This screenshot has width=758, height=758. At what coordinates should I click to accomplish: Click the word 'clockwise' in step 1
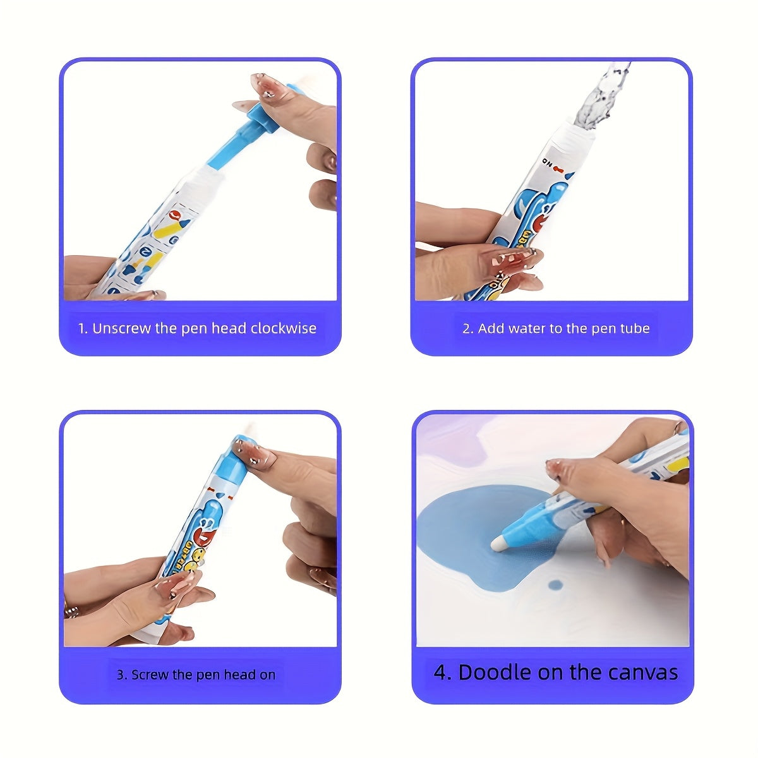pos(283,328)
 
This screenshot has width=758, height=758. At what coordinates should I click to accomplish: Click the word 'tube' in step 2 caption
pos(635,328)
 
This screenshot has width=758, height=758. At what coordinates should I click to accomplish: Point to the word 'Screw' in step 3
pos(151,675)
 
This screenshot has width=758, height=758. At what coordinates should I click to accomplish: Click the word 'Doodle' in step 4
pos(494,672)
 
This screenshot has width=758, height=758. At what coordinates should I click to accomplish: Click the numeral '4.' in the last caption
pos(442,672)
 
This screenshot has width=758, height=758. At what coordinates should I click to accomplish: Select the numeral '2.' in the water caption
pos(468,328)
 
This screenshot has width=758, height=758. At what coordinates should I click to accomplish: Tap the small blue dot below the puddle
pos(555,585)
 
